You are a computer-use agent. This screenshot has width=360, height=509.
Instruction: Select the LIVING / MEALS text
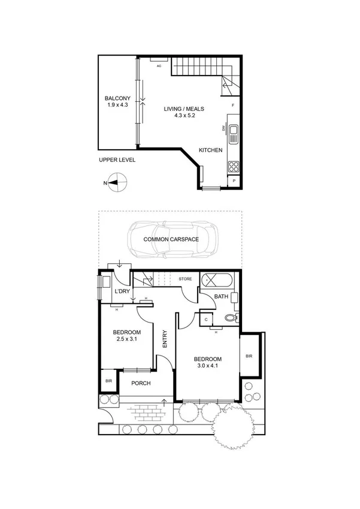point(185,109)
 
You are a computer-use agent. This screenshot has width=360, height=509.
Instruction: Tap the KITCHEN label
point(211,150)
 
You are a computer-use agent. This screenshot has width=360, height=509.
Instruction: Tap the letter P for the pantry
point(234,181)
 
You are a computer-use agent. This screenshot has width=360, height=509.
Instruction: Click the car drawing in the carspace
point(172,239)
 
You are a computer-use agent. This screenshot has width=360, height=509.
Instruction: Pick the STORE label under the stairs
point(185,279)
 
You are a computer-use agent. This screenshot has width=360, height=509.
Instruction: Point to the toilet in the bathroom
point(232,318)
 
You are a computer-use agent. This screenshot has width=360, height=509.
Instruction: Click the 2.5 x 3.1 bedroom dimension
point(126,340)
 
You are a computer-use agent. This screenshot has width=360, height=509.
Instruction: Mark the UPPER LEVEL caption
point(117,160)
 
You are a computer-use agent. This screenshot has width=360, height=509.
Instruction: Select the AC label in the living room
point(159,66)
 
